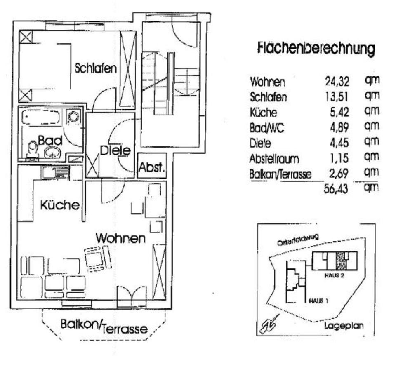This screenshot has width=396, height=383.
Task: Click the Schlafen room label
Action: tap(96, 68)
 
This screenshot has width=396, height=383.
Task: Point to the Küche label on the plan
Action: tap(59, 205)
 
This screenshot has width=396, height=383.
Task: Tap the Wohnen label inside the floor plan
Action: tap(120, 238)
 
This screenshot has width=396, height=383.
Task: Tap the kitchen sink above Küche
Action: tap(55, 172)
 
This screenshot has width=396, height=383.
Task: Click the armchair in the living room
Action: tap(98, 258)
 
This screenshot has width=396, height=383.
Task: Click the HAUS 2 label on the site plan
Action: tap(335, 276)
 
